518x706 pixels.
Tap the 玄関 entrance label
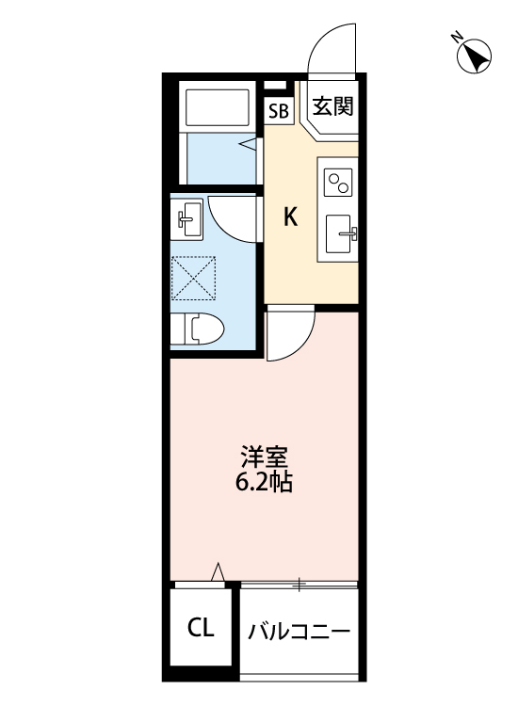pos(332,106)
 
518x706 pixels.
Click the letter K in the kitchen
pos(292,217)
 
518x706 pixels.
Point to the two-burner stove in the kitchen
pos(339,181)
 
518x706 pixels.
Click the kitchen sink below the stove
pos(340,233)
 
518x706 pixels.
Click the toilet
pos(201,329)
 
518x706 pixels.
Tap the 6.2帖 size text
pos(264,486)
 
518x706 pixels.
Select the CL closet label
pos(200,627)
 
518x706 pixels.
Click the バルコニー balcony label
pos(299,631)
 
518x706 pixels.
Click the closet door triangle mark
pos(218,570)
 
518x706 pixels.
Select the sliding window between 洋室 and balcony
pos(299,585)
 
